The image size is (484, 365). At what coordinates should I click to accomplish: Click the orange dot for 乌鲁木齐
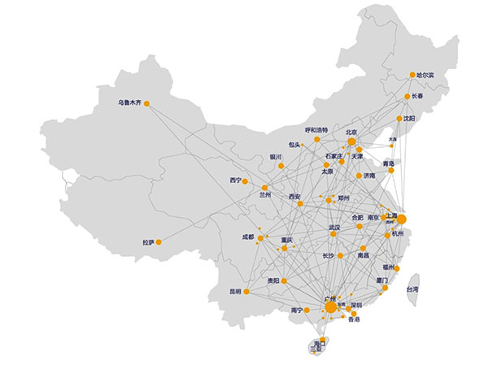(x=147, y=103)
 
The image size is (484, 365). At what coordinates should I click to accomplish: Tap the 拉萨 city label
(x=147, y=242)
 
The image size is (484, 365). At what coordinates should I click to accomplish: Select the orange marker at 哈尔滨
(x=412, y=75)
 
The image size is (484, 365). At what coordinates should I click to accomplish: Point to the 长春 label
(x=417, y=96)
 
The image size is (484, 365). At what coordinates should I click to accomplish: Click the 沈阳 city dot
(x=400, y=119)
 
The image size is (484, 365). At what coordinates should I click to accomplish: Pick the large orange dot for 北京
(x=352, y=141)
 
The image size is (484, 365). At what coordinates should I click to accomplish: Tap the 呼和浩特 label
(x=316, y=130)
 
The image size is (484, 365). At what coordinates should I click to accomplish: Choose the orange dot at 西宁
(x=248, y=180)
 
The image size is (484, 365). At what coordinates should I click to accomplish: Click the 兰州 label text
(x=265, y=195)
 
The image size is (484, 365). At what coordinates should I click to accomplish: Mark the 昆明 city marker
(x=246, y=291)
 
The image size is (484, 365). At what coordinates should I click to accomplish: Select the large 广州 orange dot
(x=330, y=306)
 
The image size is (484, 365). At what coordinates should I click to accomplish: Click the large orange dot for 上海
(x=400, y=218)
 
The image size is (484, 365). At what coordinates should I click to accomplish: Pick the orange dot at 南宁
(x=308, y=310)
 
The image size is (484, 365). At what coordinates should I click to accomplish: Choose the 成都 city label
(x=247, y=237)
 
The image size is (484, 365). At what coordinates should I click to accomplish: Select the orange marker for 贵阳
(x=285, y=281)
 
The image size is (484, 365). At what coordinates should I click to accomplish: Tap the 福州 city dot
(x=398, y=267)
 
